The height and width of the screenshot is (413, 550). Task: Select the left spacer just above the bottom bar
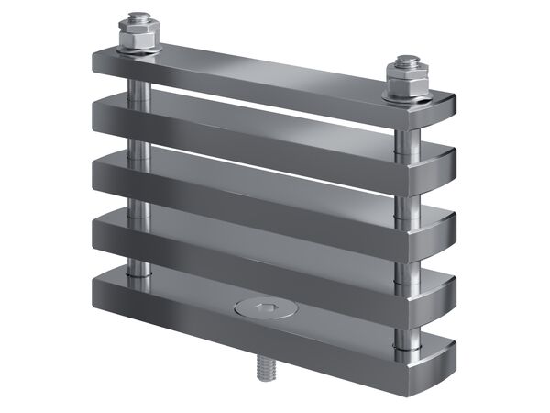137,266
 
